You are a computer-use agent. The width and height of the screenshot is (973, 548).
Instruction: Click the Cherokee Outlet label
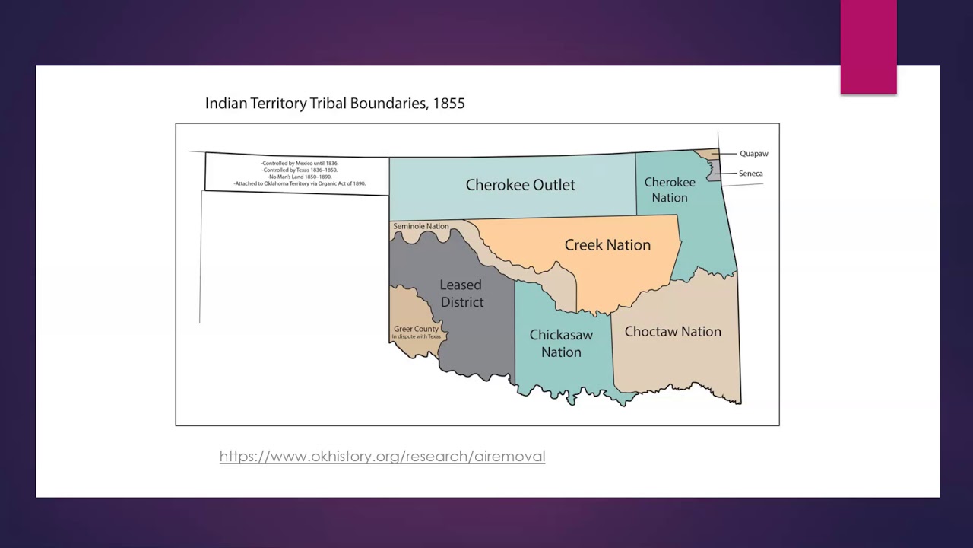(x=520, y=185)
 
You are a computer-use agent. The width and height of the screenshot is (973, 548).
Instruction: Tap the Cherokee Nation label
(x=670, y=190)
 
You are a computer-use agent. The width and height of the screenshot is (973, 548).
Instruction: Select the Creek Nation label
(x=607, y=245)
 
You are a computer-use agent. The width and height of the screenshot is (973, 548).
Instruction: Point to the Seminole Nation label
(x=420, y=226)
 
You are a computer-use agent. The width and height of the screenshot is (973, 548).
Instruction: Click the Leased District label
(x=461, y=294)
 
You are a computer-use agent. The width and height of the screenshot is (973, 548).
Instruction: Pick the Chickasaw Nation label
(x=561, y=343)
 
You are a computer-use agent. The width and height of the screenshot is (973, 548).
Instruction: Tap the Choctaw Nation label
(x=673, y=332)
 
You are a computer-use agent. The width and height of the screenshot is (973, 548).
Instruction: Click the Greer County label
(x=416, y=329)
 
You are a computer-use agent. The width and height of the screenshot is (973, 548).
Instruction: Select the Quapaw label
(x=753, y=154)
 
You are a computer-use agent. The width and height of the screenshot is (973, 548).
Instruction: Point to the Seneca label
(x=750, y=174)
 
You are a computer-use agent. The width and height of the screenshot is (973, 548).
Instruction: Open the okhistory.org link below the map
(x=382, y=457)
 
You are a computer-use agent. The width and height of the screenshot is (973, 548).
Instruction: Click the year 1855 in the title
(x=448, y=104)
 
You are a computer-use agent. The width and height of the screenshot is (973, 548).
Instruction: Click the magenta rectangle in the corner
(x=868, y=47)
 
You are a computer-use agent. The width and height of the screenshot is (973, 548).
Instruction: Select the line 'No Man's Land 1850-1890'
(x=300, y=177)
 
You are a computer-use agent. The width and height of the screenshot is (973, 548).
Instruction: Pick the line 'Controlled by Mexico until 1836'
(x=300, y=164)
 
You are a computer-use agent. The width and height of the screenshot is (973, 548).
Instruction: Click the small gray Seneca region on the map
(x=714, y=170)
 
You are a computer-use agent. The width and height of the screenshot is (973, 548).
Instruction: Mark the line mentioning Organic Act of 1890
(x=300, y=183)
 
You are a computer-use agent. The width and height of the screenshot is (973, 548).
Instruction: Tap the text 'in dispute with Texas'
(x=416, y=336)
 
